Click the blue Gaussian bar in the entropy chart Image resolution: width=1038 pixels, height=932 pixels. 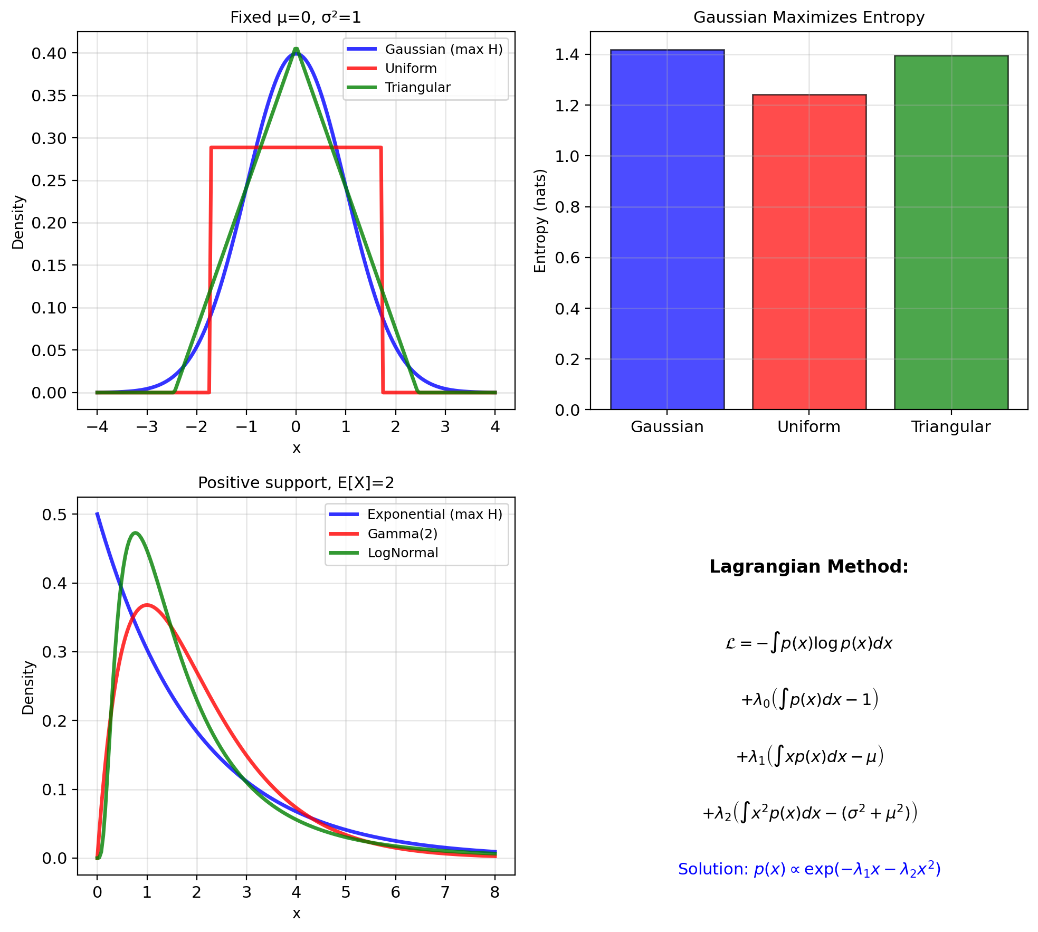tap(667, 230)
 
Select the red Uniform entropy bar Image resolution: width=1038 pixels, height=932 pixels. tap(809, 252)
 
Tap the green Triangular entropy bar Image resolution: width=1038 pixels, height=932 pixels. tap(951, 232)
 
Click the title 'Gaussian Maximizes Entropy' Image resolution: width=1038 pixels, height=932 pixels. tap(808, 17)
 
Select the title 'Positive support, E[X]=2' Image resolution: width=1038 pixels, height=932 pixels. tap(296, 483)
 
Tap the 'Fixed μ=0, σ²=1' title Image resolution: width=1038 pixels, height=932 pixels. tap(296, 17)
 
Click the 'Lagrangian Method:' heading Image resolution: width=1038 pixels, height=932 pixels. tap(808, 567)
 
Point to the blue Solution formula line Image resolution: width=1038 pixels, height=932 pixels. tap(809, 869)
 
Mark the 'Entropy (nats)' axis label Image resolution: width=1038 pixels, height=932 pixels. tap(540, 221)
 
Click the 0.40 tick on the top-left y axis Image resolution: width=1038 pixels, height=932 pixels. tap(49, 53)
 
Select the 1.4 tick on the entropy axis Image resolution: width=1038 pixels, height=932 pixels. tap(566, 55)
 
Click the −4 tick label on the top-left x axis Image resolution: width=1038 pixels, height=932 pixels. tap(97, 427)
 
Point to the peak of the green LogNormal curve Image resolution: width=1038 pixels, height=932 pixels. tap(136, 532)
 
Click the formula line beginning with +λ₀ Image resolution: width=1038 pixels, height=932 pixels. tap(809, 700)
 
